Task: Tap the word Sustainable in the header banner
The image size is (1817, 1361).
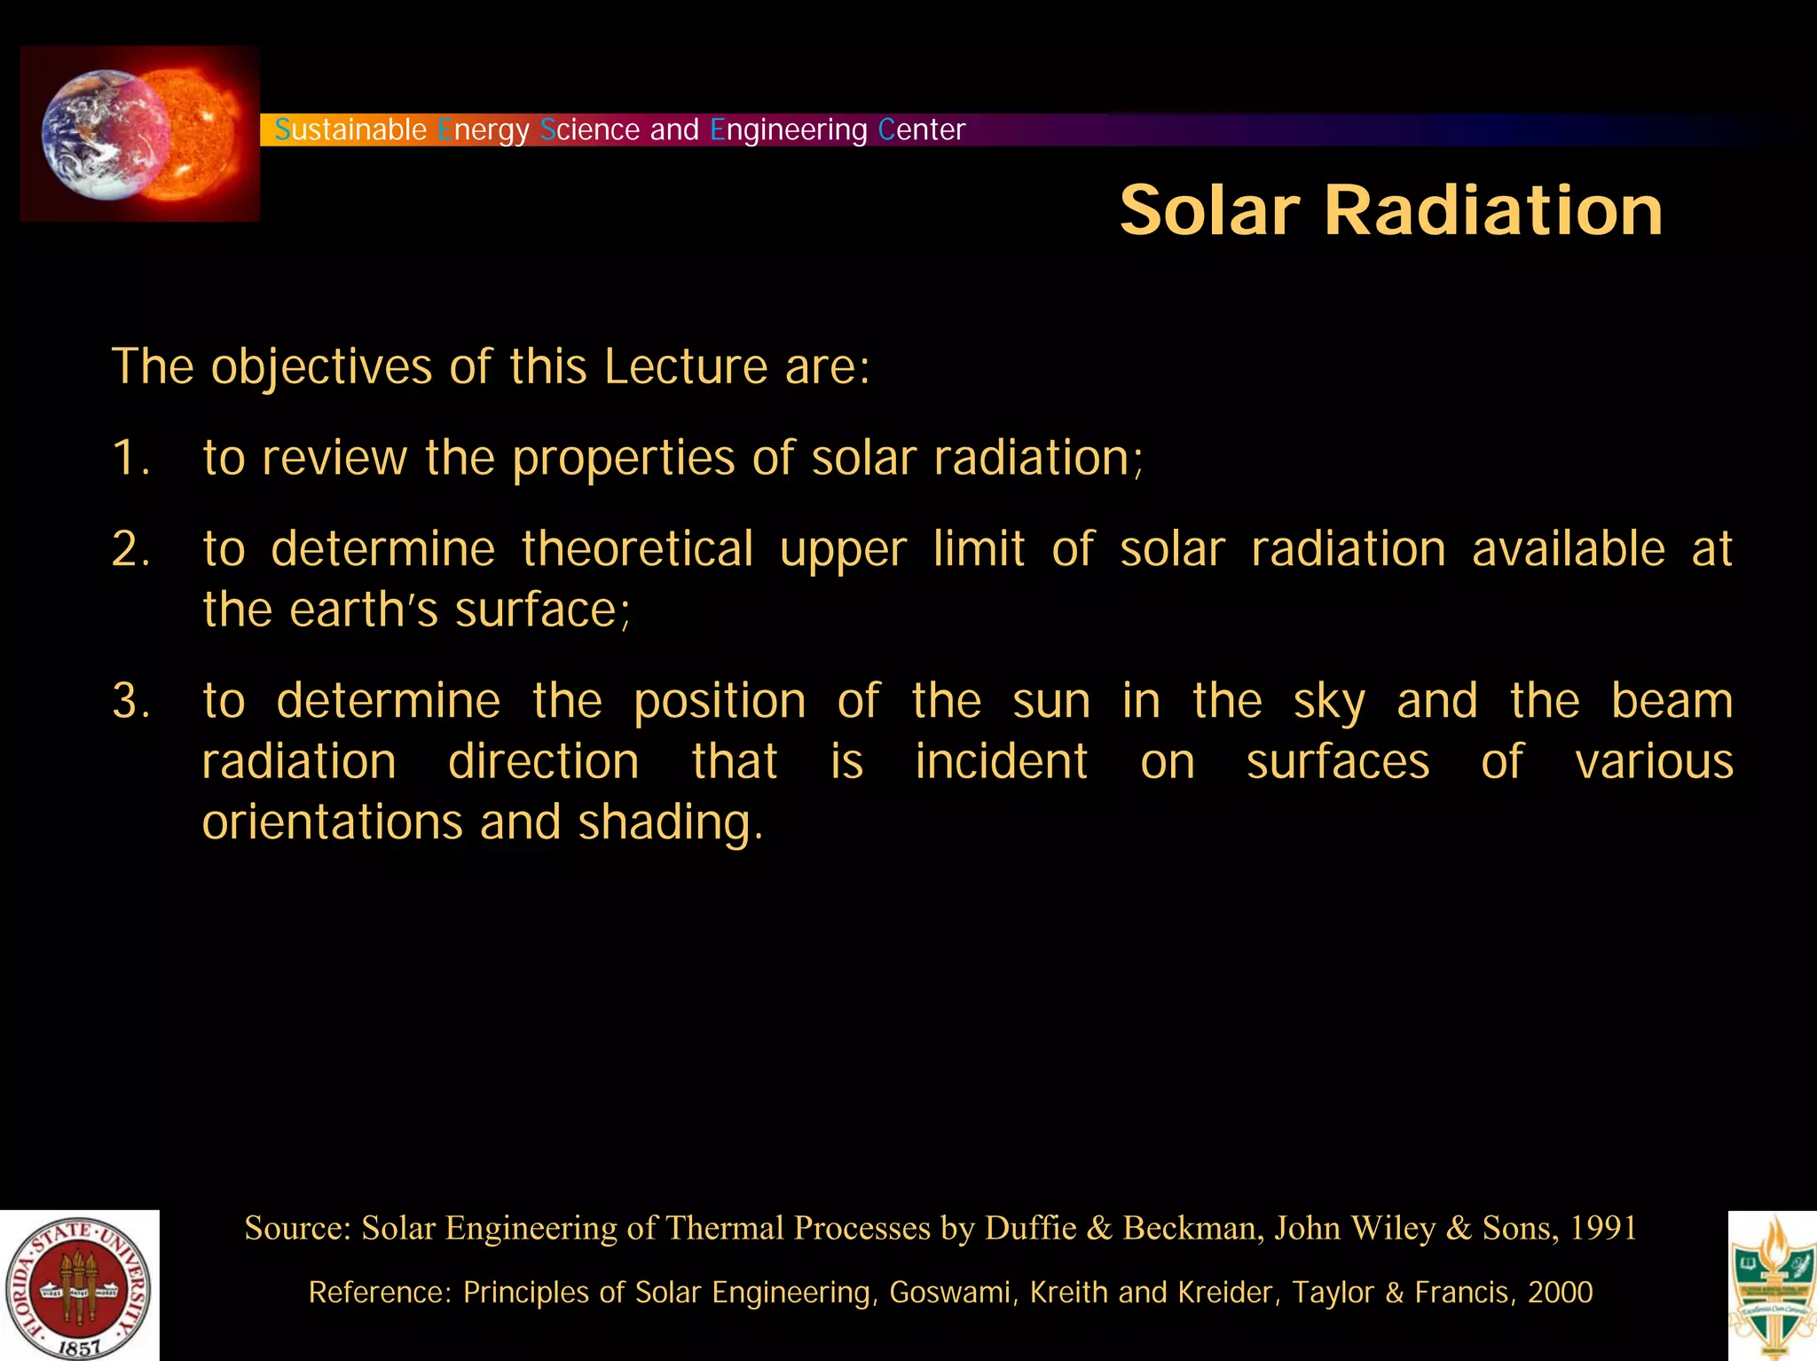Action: click(350, 130)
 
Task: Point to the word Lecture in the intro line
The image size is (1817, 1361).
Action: click(685, 366)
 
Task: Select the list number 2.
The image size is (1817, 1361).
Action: click(129, 549)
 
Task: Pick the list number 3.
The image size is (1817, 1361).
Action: click(129, 701)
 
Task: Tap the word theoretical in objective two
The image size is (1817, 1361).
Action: click(637, 549)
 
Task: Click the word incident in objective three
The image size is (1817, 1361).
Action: click(1001, 762)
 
